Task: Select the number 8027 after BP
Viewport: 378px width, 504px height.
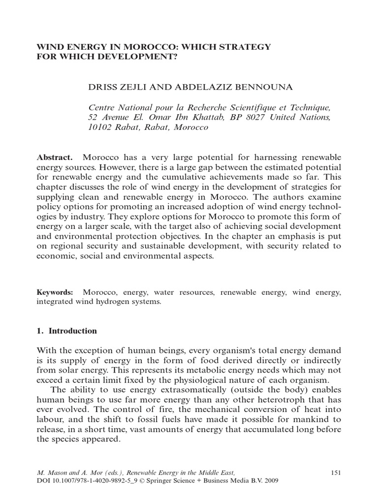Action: pos(252,117)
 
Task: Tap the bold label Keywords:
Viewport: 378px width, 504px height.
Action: pos(55,292)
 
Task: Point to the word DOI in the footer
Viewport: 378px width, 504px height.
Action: pos(43,481)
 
